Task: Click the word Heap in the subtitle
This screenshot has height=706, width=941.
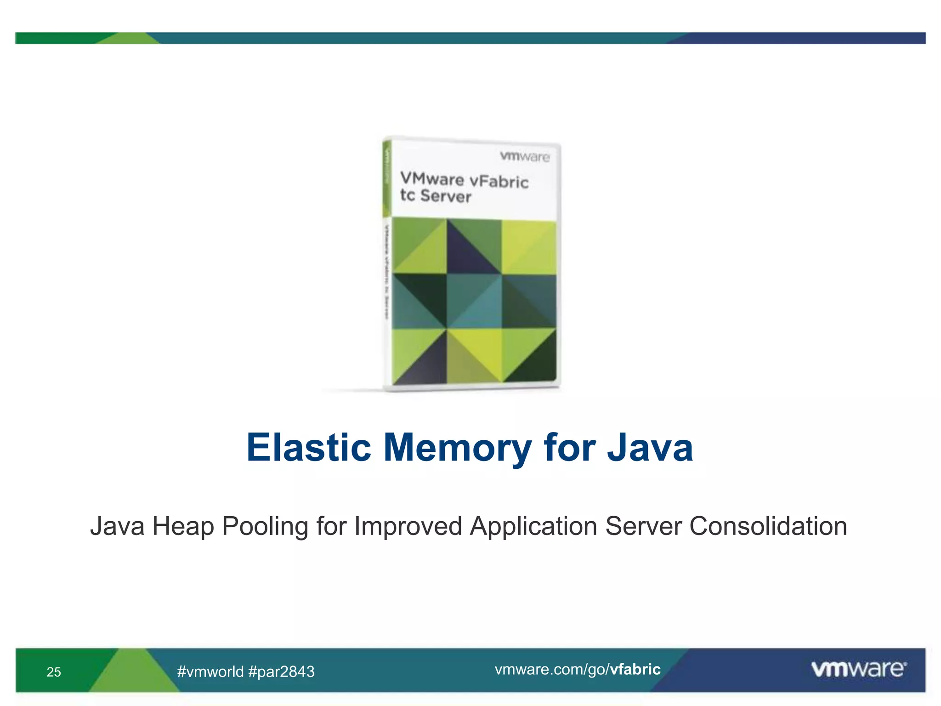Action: click(x=183, y=526)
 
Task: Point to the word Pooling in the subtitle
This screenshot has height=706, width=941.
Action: click(x=265, y=527)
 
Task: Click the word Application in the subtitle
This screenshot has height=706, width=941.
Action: click(x=533, y=527)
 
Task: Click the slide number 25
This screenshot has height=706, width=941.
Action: click(x=54, y=672)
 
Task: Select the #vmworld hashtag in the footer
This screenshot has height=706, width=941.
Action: click(x=210, y=672)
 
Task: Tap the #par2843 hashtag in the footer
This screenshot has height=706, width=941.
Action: click(x=281, y=672)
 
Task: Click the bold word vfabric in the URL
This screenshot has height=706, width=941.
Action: click(x=635, y=669)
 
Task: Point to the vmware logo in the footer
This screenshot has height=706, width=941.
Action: click(x=858, y=669)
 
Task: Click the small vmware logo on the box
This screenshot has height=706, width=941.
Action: click(x=525, y=157)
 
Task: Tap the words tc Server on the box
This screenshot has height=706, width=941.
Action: click(x=436, y=196)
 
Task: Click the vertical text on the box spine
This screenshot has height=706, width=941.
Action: click(x=386, y=271)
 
